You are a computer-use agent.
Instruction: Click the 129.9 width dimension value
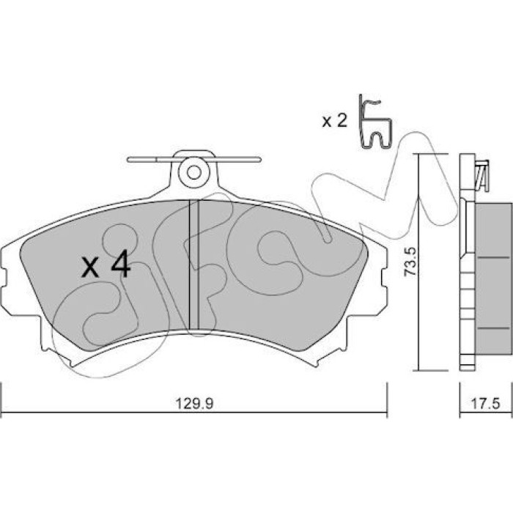pyautogui.click(x=194, y=403)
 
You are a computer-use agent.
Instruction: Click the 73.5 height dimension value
pyautogui.click(x=410, y=262)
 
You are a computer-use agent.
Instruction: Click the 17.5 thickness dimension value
pyautogui.click(x=485, y=404)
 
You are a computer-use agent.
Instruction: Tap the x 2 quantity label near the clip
pyautogui.click(x=334, y=122)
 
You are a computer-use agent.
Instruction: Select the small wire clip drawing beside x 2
pyautogui.click(x=375, y=122)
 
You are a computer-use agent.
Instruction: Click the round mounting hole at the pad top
pyautogui.click(x=194, y=172)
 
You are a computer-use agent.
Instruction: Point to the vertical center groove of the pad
pyautogui.click(x=194, y=265)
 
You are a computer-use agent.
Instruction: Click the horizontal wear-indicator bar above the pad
pyautogui.click(x=194, y=159)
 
